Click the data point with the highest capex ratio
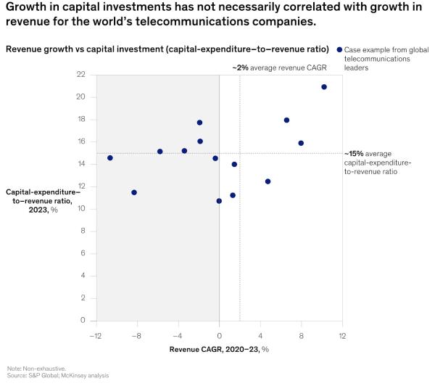tap(324, 87)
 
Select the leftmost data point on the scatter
tap(110, 157)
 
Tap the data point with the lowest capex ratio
tap(219, 201)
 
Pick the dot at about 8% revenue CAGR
tap(301, 143)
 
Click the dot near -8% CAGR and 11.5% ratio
tap(134, 192)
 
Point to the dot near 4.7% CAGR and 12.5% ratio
tap(268, 181)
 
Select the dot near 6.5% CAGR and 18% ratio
tap(286, 120)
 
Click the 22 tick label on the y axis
tap(81, 75)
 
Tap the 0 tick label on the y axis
tap(84, 321)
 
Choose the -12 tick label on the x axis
tap(95, 335)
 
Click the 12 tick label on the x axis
tap(341, 335)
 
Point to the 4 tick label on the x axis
tap(260, 335)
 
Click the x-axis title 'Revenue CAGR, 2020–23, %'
tap(219, 349)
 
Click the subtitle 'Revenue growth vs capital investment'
tap(167, 49)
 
